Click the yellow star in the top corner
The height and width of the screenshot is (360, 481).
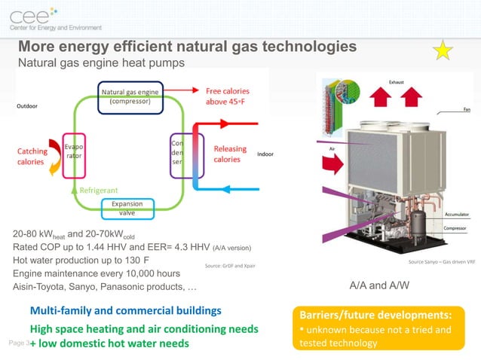[x=443, y=51]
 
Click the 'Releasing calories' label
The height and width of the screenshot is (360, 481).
[x=229, y=154]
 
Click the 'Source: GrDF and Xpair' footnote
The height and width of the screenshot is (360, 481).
[x=229, y=267]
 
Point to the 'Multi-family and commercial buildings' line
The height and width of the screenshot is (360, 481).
[x=125, y=310]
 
